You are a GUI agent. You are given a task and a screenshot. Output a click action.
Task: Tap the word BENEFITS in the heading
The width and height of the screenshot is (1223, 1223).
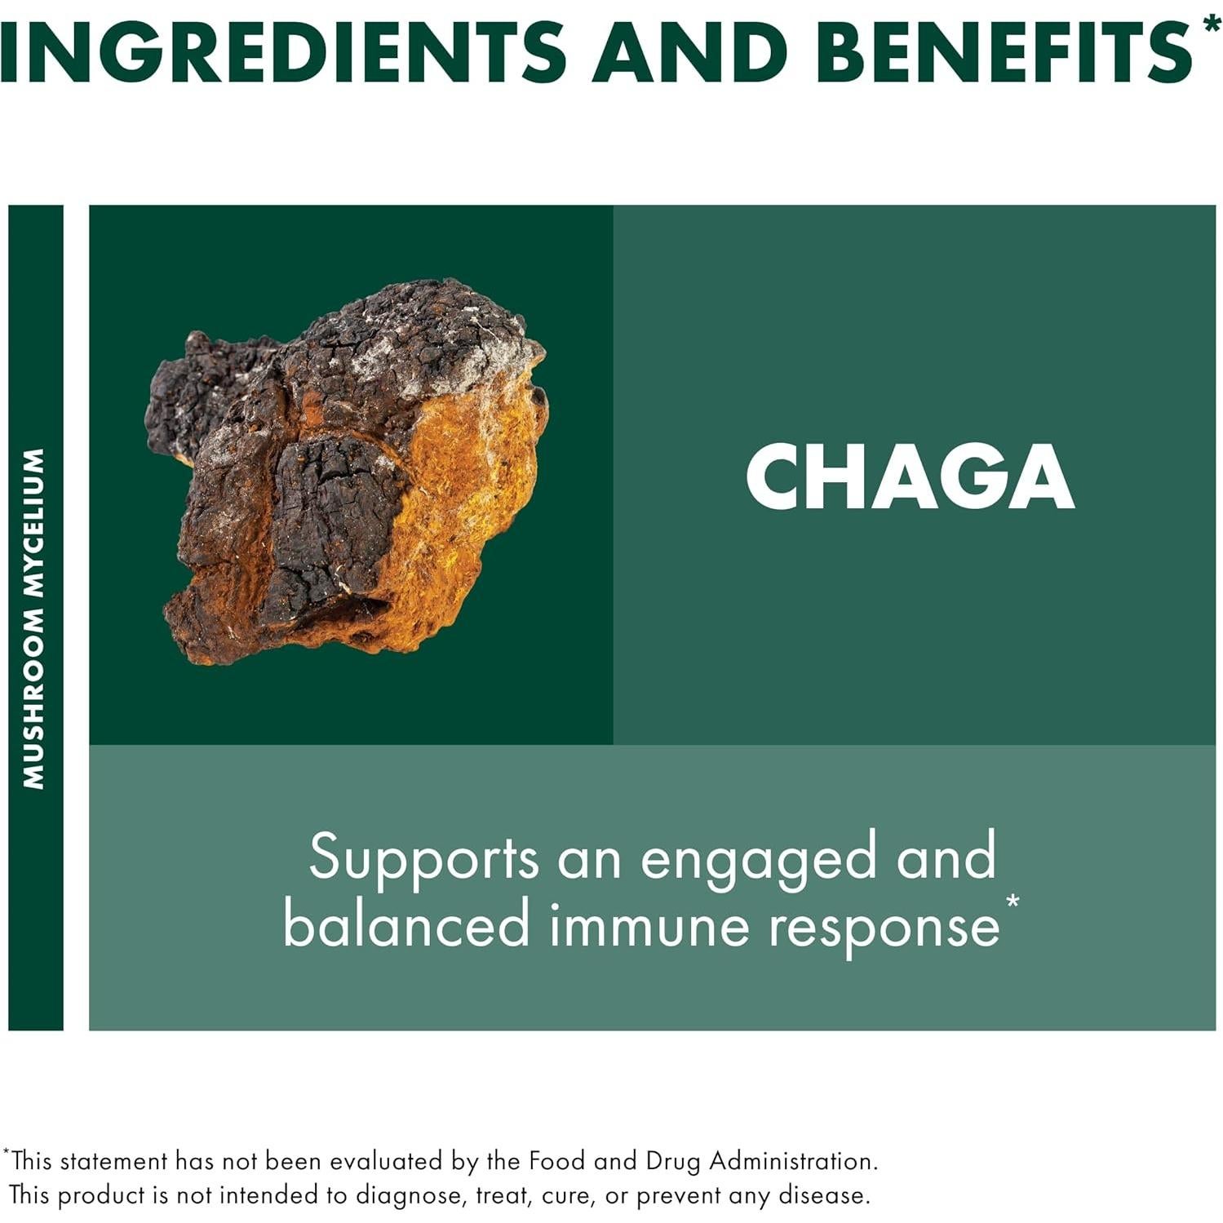tap(1004, 51)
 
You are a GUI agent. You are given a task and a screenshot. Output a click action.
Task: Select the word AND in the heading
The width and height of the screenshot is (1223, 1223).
tap(689, 51)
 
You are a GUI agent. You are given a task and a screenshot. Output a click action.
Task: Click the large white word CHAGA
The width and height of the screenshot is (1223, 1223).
tap(910, 477)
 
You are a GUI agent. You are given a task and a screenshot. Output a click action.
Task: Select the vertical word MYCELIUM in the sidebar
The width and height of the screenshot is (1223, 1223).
tap(33, 521)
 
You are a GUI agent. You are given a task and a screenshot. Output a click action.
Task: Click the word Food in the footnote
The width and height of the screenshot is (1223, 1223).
tap(557, 1160)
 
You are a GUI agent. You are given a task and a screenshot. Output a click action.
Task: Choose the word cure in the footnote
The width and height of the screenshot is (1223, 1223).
tap(563, 1196)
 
